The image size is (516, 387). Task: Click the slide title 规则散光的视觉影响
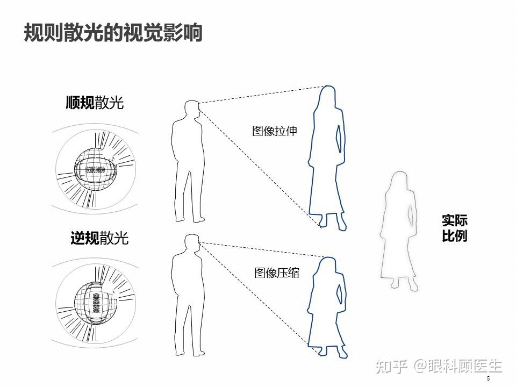point(113,33)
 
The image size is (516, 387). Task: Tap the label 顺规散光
point(95,103)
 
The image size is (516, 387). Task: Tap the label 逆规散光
point(99,238)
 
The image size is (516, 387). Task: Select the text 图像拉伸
point(275,131)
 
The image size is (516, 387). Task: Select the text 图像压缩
point(277,273)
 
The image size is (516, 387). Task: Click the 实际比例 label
point(455,228)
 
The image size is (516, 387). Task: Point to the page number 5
point(489,378)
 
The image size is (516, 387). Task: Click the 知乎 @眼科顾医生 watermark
point(439,366)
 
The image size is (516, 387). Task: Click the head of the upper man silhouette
point(192,109)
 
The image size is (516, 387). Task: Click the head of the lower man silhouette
point(192,243)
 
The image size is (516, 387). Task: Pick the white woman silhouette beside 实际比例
point(399,231)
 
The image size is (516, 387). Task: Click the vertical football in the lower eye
point(96,303)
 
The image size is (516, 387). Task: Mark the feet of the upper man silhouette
point(190,219)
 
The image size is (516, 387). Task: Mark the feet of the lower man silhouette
point(190,353)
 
